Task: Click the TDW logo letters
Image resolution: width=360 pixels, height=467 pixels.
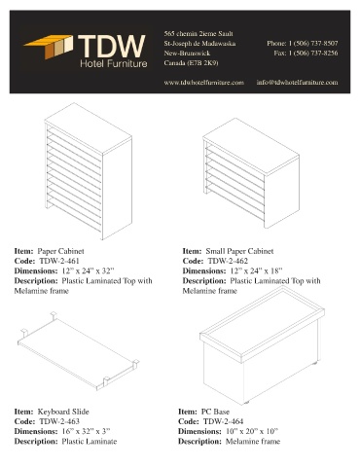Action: point(112,46)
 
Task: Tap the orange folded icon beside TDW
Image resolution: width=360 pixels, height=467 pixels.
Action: point(49,47)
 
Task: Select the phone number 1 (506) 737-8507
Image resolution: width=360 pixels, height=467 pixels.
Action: point(313,43)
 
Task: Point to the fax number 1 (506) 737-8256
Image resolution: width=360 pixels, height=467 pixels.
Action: point(313,53)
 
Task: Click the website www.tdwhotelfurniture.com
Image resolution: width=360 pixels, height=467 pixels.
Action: point(203,83)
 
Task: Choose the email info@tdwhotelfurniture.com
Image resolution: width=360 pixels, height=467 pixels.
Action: point(297,83)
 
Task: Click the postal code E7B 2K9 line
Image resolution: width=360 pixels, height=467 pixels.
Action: point(191,63)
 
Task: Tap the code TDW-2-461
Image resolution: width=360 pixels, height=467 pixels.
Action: point(59,261)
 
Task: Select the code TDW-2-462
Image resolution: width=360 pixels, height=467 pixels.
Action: point(228,261)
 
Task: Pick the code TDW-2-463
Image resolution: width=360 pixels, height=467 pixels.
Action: point(59,421)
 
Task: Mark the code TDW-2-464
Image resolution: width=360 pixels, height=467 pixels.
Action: point(223,421)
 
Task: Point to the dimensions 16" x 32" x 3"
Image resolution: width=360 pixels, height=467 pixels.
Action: point(86,432)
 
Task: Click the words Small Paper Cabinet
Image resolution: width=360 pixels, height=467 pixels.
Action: point(239,251)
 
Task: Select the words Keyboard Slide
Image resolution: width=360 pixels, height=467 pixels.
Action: point(63,412)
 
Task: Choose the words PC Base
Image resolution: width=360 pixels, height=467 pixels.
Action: point(215,412)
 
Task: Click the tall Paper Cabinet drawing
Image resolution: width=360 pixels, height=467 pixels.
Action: point(89,171)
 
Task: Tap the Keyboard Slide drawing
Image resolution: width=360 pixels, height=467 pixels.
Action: point(79,351)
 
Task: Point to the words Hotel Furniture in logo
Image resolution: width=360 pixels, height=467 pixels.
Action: point(114,63)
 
